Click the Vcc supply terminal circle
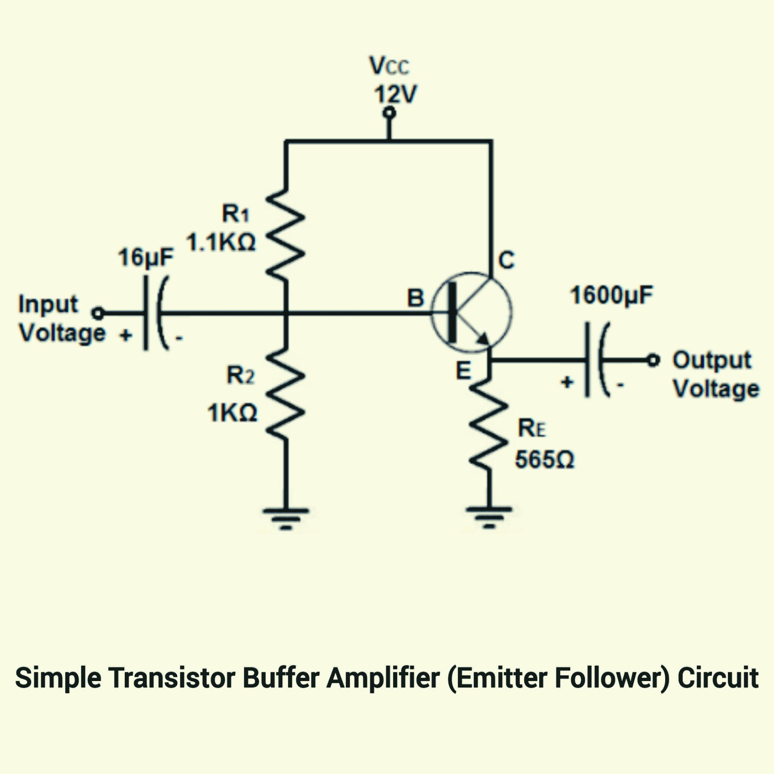coord(389,113)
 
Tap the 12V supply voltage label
coord(395,94)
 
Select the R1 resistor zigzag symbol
coord(285,234)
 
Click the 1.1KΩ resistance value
coord(221,242)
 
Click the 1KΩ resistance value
coord(232,412)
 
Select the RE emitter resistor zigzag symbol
coord(488,425)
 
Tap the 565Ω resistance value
coord(545,459)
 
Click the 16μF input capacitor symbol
coord(155,313)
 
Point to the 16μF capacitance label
coord(146,257)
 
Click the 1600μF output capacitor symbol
coord(597,360)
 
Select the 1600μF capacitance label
coord(611,295)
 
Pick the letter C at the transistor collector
coord(507,260)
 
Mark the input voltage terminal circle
coord(98,313)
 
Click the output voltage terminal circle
coord(653,360)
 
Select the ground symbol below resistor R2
coord(286,519)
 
